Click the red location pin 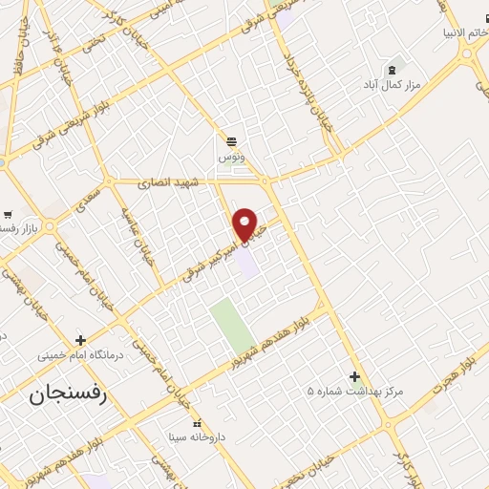click(x=245, y=223)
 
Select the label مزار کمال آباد click(x=391, y=86)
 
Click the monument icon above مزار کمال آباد click(x=391, y=70)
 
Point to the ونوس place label click(x=231, y=155)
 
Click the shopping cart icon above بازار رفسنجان click(x=8, y=214)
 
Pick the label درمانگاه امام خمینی click(x=81, y=355)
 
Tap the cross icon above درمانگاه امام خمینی click(x=81, y=339)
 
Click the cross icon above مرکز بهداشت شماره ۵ click(x=355, y=376)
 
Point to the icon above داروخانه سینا click(x=197, y=423)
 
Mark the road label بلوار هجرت click(x=452, y=377)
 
